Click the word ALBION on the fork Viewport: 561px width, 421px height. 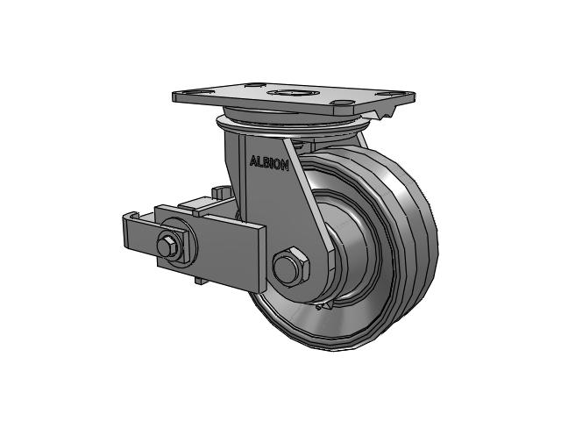tap(269, 163)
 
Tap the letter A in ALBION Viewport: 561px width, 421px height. tap(253, 161)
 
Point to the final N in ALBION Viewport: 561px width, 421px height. tap(284, 166)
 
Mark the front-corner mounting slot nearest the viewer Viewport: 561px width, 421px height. tap(344, 103)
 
